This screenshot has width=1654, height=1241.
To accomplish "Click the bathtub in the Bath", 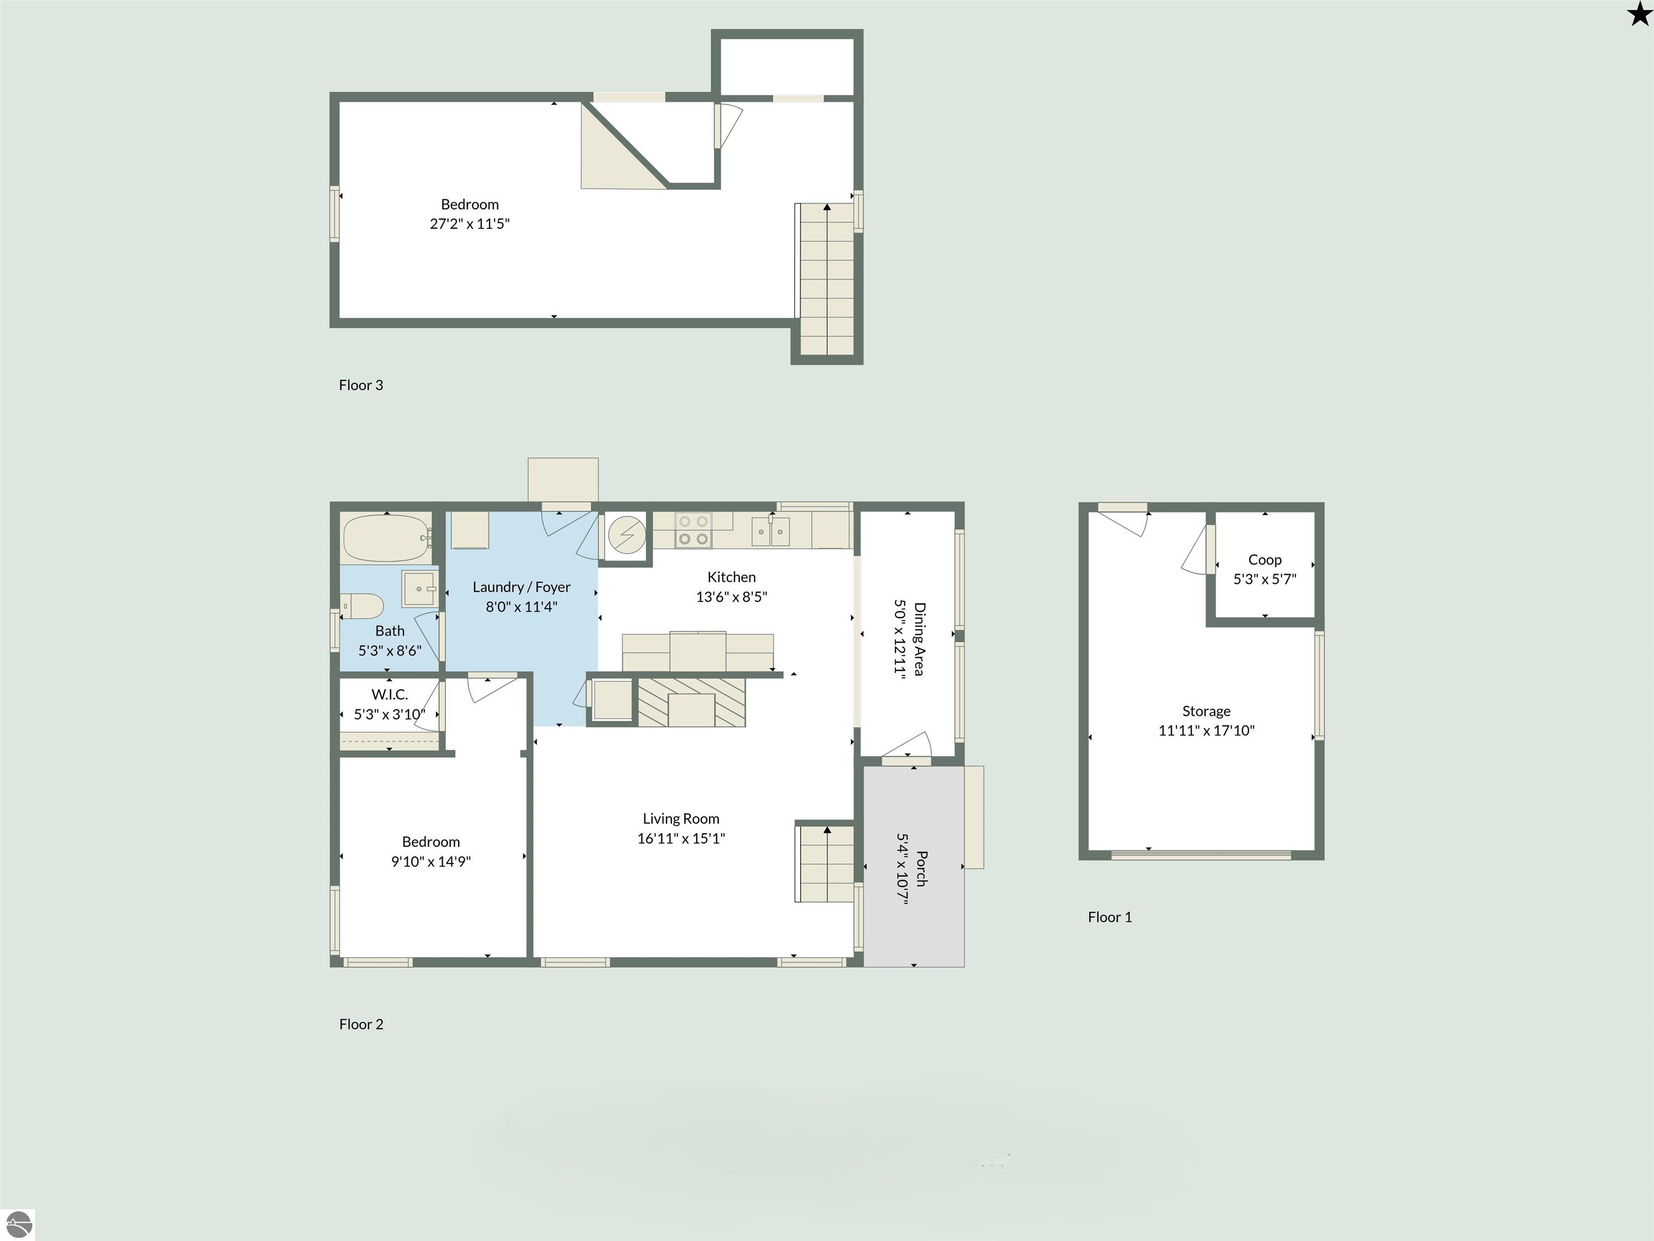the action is coord(387,538).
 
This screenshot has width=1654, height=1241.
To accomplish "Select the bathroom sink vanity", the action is coord(420,589).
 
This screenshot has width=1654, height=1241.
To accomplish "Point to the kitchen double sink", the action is coord(770,531).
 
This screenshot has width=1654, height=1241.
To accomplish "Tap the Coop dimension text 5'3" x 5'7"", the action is coord(1264,579).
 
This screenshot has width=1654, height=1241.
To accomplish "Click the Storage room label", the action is coord(1206,710).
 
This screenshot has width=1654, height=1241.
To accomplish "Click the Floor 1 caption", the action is coord(1110,917).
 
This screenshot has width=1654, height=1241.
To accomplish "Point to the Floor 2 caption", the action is coord(361,1024).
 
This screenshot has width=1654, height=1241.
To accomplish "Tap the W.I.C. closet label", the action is coord(390,695).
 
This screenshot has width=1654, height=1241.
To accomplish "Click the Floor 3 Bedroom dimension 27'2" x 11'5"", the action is coord(469,224).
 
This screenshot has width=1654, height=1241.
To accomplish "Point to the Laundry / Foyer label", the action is coord(521,587).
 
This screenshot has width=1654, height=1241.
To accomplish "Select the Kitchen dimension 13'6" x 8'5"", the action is coord(731,597).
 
